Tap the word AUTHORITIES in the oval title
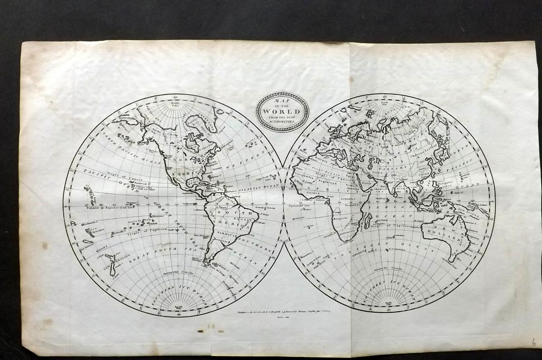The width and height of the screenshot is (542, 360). [281, 121]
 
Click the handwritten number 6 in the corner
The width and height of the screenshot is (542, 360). [534, 342]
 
